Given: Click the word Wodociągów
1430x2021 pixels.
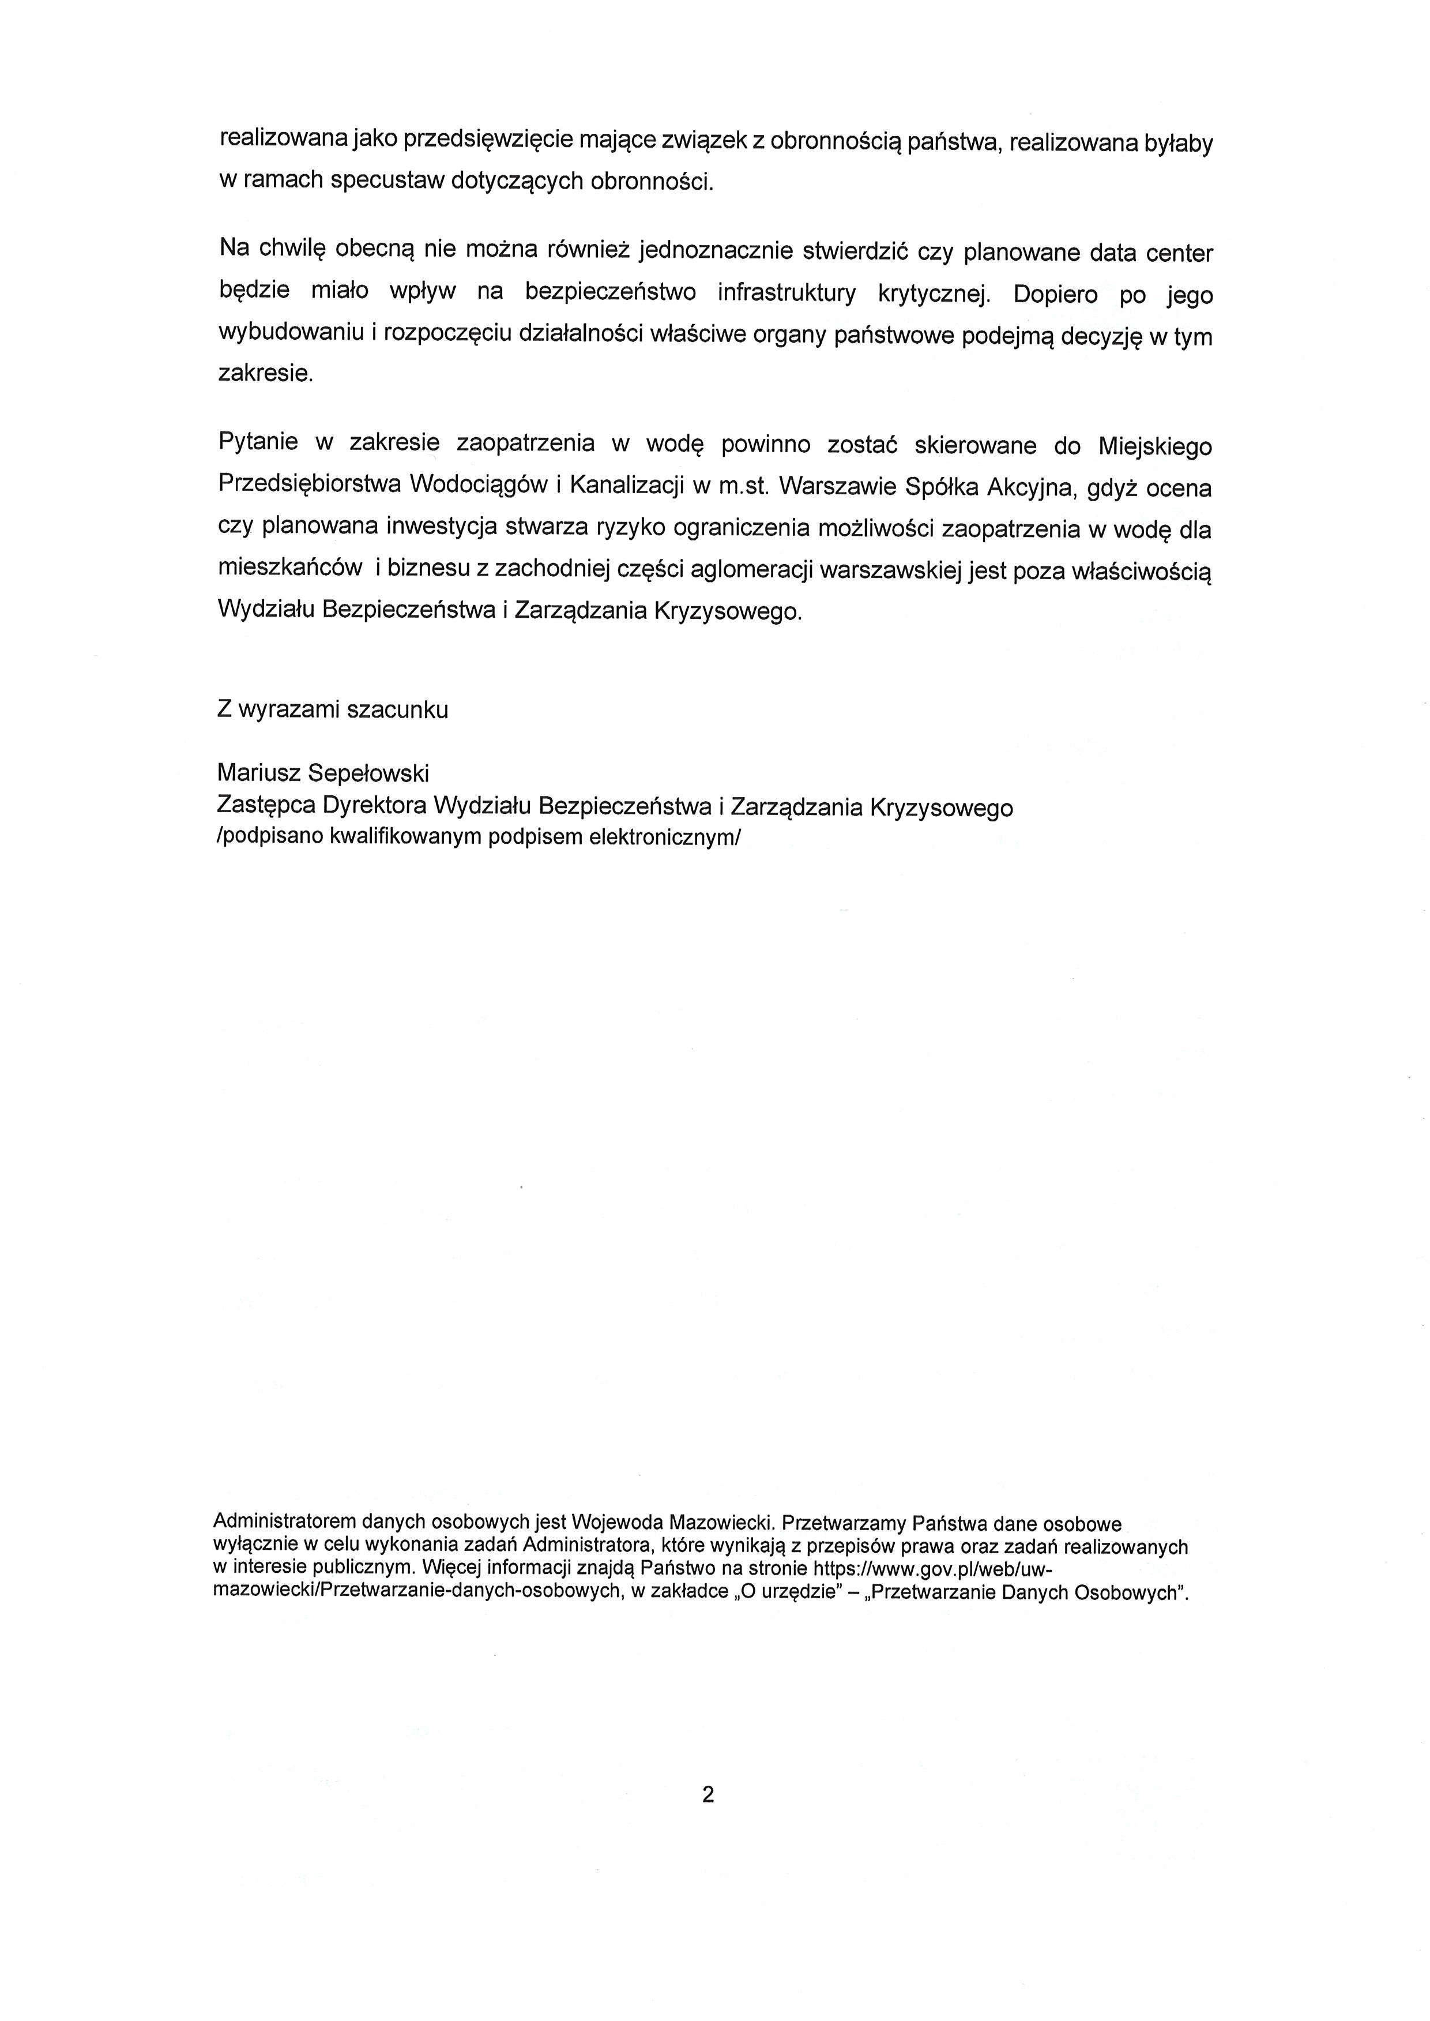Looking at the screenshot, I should [x=476, y=485].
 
